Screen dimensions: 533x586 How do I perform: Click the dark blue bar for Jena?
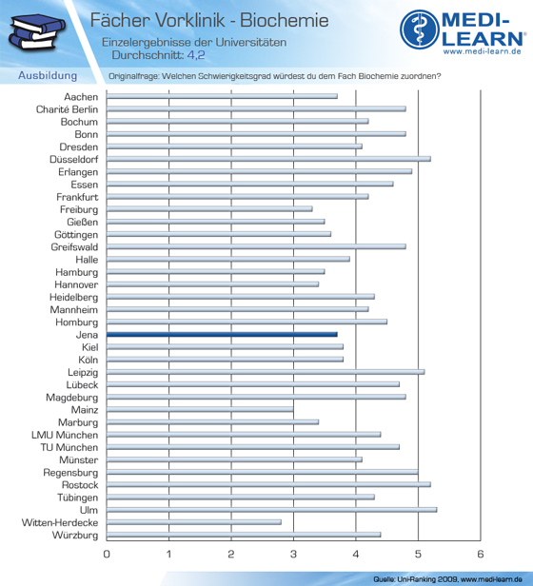pyautogui.click(x=222, y=335)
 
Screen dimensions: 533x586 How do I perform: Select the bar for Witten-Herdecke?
pyautogui.click(x=194, y=522)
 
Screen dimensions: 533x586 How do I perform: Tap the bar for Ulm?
pyautogui.click(x=271, y=510)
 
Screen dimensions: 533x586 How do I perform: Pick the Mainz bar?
pyautogui.click(x=200, y=410)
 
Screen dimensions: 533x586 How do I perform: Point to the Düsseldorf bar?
pyautogui.click(x=268, y=159)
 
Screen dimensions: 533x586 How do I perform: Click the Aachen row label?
pyautogui.click(x=81, y=97)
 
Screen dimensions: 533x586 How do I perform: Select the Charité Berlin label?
pyautogui.click(x=67, y=109)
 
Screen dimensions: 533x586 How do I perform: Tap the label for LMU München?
pyautogui.click(x=65, y=435)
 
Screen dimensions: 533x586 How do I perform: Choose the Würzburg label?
pyautogui.click(x=75, y=536)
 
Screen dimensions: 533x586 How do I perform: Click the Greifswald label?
pyautogui.click(x=74, y=247)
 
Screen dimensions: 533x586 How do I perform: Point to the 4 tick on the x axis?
pyautogui.click(x=356, y=554)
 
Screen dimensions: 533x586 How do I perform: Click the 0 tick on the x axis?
pyautogui.click(x=107, y=554)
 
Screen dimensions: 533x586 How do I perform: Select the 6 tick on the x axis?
pyautogui.click(x=481, y=554)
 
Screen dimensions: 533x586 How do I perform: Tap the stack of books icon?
pyautogui.click(x=36, y=31)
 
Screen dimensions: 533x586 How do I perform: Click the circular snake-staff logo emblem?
pyautogui.click(x=420, y=29)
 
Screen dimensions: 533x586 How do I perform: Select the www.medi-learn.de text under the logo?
pyautogui.click(x=483, y=51)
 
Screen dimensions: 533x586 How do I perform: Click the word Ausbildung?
pyautogui.click(x=48, y=75)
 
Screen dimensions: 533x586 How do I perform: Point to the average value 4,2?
pyautogui.click(x=196, y=55)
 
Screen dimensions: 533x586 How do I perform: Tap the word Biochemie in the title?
pyautogui.click(x=285, y=20)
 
